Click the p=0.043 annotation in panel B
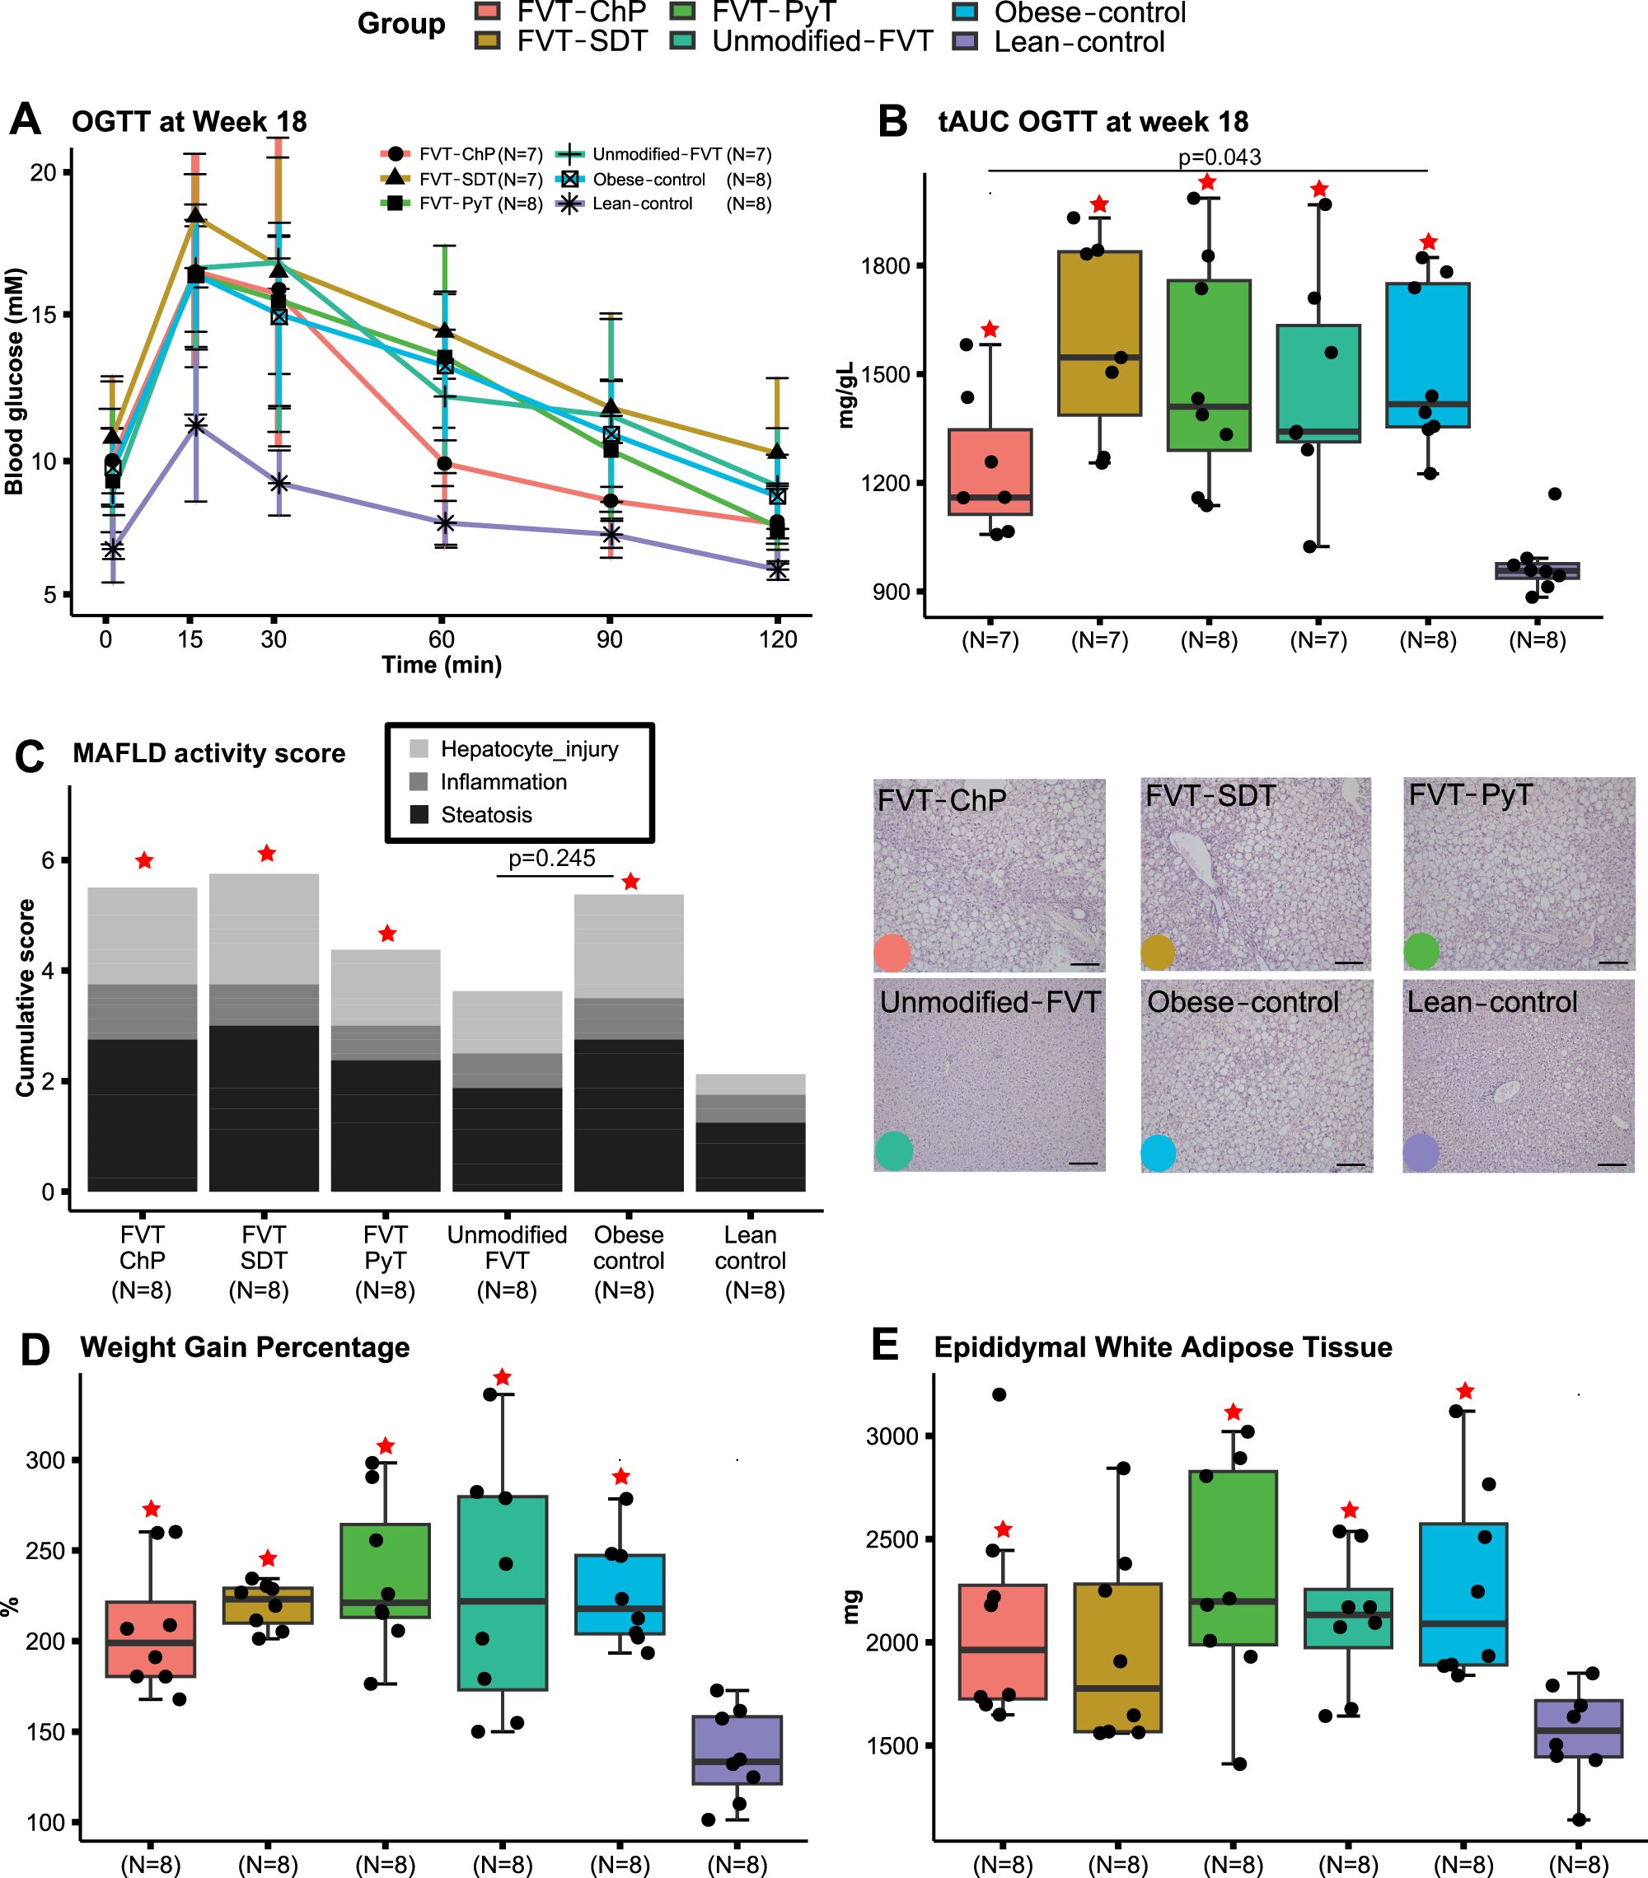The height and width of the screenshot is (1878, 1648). pos(1219,157)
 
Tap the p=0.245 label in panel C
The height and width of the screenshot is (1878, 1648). pos(551,858)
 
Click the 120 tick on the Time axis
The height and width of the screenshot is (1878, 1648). pos(777,639)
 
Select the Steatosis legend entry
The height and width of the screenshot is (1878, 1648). pos(486,815)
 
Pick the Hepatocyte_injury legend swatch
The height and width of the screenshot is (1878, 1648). pos(419,749)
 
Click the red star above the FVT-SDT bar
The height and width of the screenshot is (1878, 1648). pos(266,854)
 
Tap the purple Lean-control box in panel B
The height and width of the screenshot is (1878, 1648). pos(1537,570)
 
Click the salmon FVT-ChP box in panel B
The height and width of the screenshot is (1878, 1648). pos(990,471)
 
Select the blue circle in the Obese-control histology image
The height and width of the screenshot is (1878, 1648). pos(1158,1153)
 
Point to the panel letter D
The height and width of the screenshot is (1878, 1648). pos(34,1350)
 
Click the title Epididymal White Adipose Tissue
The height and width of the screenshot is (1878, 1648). pos(1162,1347)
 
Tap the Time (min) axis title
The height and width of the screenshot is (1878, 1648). pos(441,665)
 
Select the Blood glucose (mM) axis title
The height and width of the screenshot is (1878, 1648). pos(14,382)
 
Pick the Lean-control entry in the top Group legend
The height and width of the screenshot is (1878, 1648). pos(1079,42)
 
